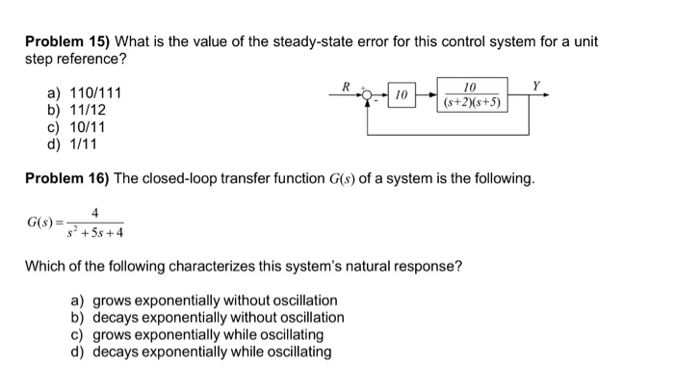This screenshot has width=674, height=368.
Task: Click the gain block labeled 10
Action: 402,95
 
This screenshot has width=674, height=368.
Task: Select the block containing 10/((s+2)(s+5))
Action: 471,95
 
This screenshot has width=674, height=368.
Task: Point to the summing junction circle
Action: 370,96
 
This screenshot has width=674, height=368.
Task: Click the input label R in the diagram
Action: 347,87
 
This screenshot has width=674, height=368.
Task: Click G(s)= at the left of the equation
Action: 44,223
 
